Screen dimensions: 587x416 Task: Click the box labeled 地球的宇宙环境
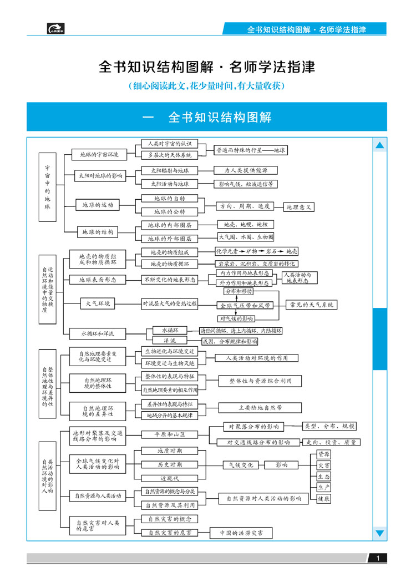pos(99,155)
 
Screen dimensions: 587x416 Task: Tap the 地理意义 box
pos(300,207)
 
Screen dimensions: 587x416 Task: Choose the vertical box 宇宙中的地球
pos(47,187)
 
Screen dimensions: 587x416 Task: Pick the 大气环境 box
pos(98,303)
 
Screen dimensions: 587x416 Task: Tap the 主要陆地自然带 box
pos(260,408)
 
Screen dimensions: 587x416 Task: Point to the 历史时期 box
pos(169,464)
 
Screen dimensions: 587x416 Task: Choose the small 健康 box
pos(323,499)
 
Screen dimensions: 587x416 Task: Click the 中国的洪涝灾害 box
pos(241,533)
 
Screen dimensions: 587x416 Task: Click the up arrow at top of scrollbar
pos(379,145)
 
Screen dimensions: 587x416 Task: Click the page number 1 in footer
pos(378,558)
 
